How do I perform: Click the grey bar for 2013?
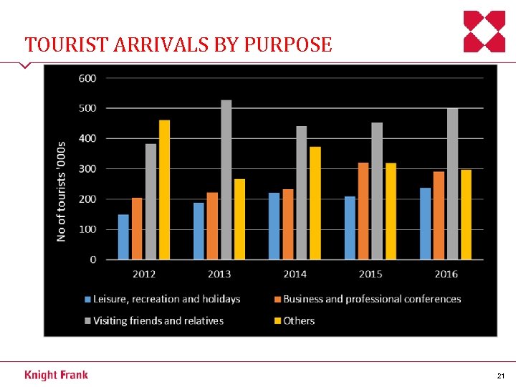226,180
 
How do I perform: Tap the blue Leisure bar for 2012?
124,237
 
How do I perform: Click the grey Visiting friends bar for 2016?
452,184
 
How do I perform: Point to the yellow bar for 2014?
315,204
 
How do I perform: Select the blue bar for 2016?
426,224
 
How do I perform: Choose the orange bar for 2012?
137,229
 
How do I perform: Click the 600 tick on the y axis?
87,78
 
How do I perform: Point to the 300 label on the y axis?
87,169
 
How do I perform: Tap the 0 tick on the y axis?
93,260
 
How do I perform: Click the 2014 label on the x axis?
295,274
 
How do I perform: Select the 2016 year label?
446,274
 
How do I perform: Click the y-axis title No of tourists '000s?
62,190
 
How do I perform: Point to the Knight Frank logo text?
57,375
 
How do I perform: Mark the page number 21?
500,376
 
